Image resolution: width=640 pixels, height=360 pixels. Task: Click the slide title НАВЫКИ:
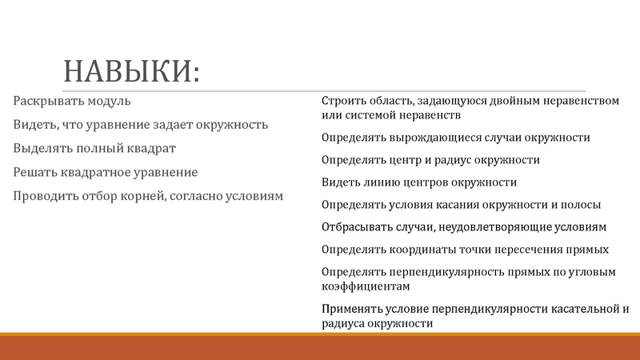(131, 71)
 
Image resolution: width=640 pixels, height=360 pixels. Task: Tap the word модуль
(107, 102)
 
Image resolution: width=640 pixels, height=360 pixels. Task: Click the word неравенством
(580, 102)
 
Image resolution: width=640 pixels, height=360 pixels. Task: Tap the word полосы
(579, 205)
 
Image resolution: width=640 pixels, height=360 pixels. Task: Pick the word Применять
(355, 309)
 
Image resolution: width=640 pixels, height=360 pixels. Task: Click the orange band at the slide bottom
(320, 347)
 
